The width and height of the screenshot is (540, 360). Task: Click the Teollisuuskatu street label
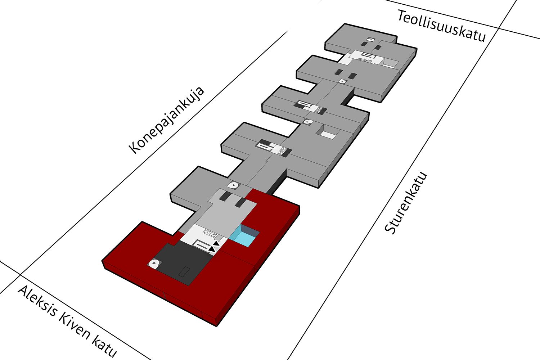(441, 26)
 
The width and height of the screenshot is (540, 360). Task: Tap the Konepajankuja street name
(166, 120)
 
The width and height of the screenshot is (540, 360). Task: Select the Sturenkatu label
(406, 203)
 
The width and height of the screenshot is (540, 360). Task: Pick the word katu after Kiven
(104, 347)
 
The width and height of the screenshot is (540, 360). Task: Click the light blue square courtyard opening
(246, 236)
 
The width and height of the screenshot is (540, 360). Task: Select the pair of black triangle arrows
(214, 246)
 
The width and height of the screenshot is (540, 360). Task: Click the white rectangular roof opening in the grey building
(328, 135)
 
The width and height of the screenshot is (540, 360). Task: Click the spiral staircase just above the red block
(234, 186)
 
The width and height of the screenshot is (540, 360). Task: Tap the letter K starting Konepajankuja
(135, 148)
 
